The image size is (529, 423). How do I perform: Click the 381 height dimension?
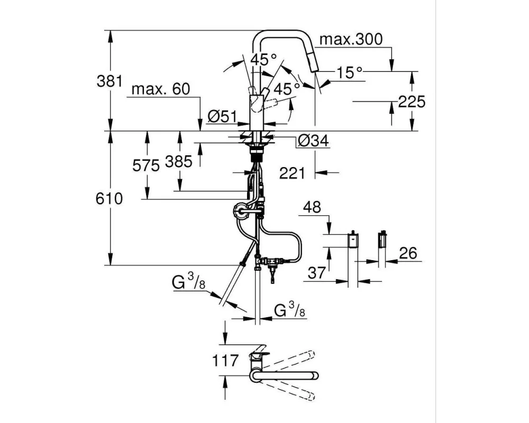110,81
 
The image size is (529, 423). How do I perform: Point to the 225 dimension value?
412,102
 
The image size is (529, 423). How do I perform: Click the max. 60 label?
160,89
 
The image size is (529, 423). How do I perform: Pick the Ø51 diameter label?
221,116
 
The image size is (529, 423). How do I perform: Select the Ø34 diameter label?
313,141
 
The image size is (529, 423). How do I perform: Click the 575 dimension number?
145,165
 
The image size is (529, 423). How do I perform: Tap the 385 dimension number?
179,161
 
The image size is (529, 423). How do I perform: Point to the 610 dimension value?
110,199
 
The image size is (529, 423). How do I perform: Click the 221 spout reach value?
292,172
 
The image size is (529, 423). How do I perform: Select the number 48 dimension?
313,208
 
